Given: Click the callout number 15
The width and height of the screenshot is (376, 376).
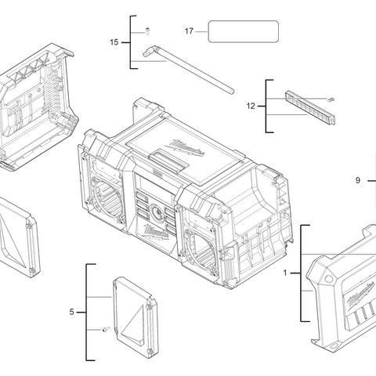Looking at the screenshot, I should coord(114,42).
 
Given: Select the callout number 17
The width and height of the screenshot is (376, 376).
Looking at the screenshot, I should coord(189,31).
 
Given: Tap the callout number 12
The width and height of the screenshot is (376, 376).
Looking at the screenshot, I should coord(251,105).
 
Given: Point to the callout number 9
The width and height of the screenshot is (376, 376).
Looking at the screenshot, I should coord(357,181).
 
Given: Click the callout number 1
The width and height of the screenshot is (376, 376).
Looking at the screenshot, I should coord(285,273).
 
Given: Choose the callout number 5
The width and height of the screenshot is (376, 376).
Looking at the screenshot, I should coord(71,312).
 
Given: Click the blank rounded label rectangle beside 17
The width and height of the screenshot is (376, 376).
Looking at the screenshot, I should coord(243,31).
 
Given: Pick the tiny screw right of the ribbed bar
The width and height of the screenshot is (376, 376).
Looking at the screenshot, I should coord(331,99).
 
